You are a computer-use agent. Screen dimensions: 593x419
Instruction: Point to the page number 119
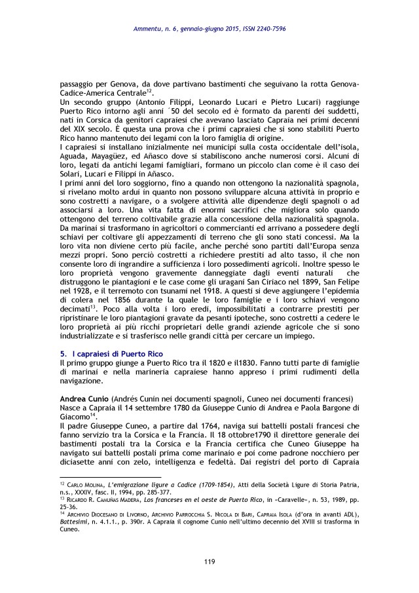coord(209,562)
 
